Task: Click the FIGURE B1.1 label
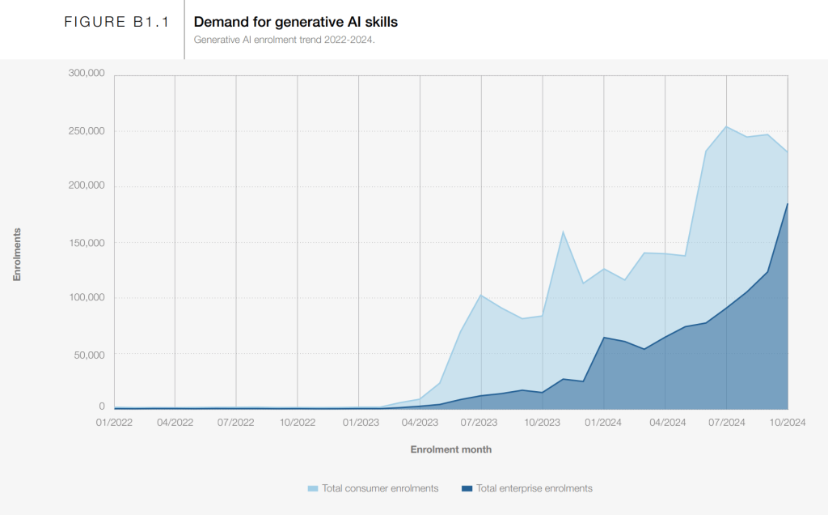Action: pyautogui.click(x=116, y=23)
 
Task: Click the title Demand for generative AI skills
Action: pyautogui.click(x=295, y=22)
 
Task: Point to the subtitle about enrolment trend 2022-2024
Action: pyautogui.click(x=284, y=39)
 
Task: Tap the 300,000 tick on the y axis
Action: pyautogui.click(x=87, y=74)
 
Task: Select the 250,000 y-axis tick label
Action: pyautogui.click(x=87, y=131)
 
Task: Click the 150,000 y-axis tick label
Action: pyautogui.click(x=87, y=243)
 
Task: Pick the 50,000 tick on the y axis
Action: pyautogui.click(x=89, y=355)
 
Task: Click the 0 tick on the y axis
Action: pyautogui.click(x=102, y=406)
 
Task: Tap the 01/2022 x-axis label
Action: pyautogui.click(x=114, y=422)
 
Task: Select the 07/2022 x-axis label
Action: pyautogui.click(x=236, y=422)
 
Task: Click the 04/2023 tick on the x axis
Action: pyautogui.click(x=420, y=422)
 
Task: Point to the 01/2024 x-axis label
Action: pyautogui.click(x=603, y=422)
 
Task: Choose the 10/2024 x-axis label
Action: pyautogui.click(x=787, y=422)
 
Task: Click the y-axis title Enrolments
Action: pyautogui.click(x=17, y=254)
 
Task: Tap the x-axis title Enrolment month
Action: pyautogui.click(x=450, y=449)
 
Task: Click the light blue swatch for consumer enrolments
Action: pyautogui.click(x=313, y=488)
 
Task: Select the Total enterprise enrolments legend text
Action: pyautogui.click(x=534, y=488)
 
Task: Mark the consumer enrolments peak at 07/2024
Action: pyautogui.click(x=726, y=126)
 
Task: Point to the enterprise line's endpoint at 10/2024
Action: pyautogui.click(x=787, y=204)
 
